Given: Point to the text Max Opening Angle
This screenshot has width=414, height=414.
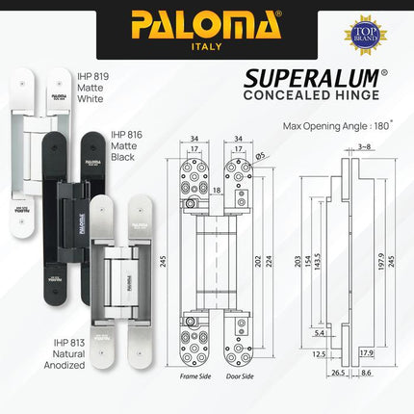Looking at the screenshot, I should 323,125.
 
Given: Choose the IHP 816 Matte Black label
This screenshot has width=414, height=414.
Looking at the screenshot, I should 131,147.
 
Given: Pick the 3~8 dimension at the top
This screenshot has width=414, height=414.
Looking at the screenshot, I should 364,147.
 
